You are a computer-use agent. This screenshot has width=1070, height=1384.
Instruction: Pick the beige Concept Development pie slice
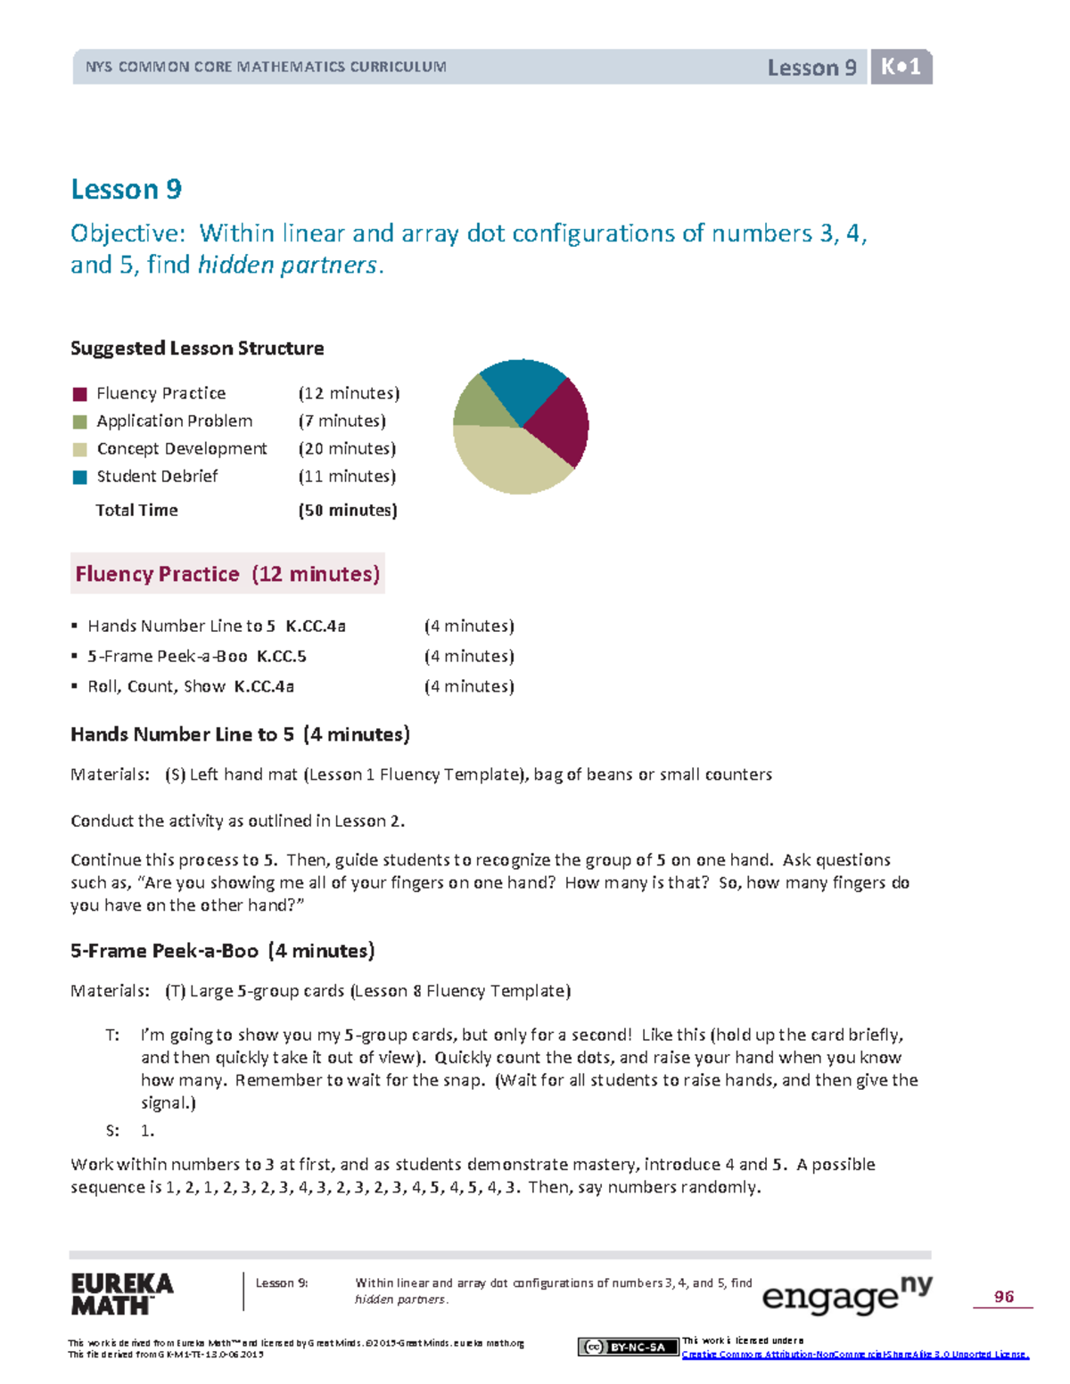click(508, 460)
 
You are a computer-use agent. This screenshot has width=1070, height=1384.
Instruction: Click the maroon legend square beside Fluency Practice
click(80, 394)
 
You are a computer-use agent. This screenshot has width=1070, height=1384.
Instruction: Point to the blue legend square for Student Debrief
click(80, 477)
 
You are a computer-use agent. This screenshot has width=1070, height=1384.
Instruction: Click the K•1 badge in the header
click(901, 67)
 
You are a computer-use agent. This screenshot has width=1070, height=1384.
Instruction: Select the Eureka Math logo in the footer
click(122, 1294)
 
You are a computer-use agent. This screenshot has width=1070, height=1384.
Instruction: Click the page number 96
click(1004, 1297)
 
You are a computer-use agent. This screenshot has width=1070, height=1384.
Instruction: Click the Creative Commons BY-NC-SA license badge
click(627, 1347)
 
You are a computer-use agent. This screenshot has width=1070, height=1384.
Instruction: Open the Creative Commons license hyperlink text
click(854, 1355)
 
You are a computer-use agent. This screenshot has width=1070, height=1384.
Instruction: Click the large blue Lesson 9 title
click(126, 189)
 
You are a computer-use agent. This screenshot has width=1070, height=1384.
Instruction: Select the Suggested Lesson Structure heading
click(197, 348)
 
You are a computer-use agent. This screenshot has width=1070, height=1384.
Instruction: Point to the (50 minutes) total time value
click(348, 510)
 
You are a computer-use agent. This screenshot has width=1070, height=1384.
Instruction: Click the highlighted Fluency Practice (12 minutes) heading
click(227, 574)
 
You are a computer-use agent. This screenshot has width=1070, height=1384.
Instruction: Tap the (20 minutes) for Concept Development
click(347, 448)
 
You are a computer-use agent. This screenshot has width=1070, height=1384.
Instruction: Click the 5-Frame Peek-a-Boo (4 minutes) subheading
click(222, 951)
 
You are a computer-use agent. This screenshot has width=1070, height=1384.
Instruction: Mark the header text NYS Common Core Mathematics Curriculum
click(266, 67)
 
